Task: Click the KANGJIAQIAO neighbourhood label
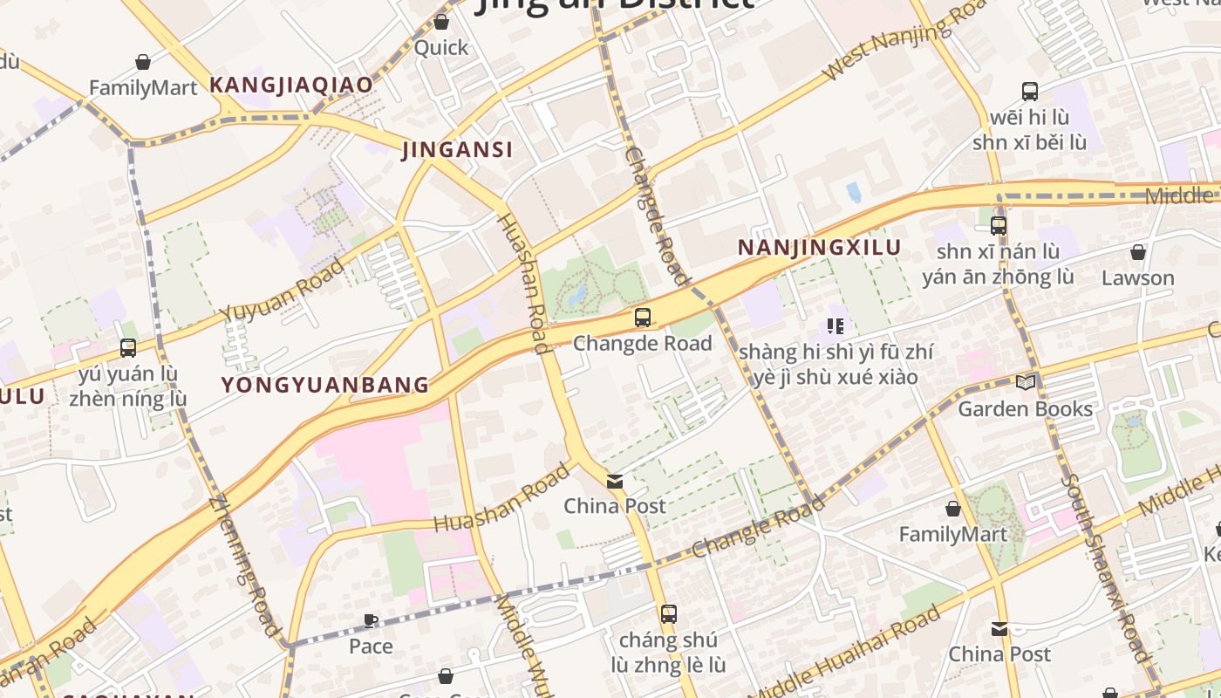click(x=291, y=86)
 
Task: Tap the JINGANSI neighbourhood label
click(x=457, y=150)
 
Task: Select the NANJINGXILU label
click(x=819, y=248)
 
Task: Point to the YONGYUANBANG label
click(x=325, y=385)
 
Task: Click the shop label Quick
click(x=441, y=47)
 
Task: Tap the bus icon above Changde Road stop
click(x=643, y=318)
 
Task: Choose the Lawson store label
click(x=1137, y=278)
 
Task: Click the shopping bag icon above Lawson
click(x=1137, y=253)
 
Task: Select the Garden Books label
click(x=1025, y=408)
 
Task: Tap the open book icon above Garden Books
click(x=1026, y=382)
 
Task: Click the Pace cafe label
click(x=371, y=647)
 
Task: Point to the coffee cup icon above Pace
click(x=371, y=621)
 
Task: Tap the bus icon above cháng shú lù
click(x=668, y=614)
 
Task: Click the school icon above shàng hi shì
click(x=836, y=326)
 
